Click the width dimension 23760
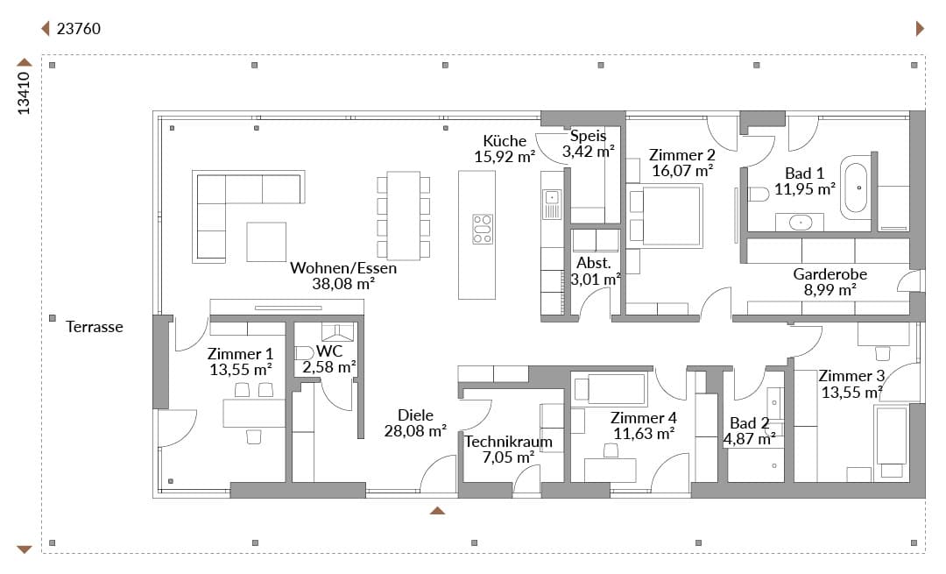click(79, 28)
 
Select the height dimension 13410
click(23, 93)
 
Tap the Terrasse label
click(94, 327)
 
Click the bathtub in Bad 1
click(854, 188)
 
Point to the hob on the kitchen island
click(483, 229)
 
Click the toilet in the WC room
click(304, 352)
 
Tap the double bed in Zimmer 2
click(666, 216)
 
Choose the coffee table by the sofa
click(266, 241)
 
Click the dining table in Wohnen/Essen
click(404, 216)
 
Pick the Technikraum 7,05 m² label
click(509, 449)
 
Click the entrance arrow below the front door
click(437, 511)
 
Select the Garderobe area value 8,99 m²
click(830, 290)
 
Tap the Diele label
click(415, 415)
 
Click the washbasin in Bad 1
click(801, 222)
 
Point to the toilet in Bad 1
click(757, 194)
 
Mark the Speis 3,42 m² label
click(589, 144)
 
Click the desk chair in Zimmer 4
click(611, 450)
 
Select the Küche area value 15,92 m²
click(505, 157)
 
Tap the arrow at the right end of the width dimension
click(920, 28)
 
